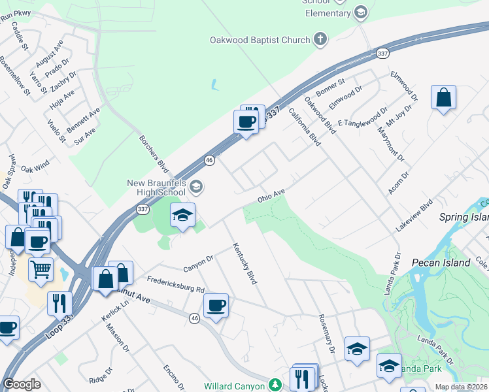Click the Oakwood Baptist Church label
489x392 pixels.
point(260,41)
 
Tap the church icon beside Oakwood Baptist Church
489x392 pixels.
point(320,41)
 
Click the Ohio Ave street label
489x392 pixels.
point(271,195)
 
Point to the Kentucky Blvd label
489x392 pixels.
point(244,264)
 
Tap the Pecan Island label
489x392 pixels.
point(441,263)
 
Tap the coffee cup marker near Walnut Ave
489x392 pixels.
point(216,304)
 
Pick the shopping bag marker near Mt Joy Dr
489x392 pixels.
point(443,98)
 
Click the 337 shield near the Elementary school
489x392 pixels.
point(382,53)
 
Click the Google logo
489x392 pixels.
point(22,384)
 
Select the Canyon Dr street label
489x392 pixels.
point(198,263)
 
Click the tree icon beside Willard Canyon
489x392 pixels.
point(276,385)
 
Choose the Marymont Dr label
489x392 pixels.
point(391,144)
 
